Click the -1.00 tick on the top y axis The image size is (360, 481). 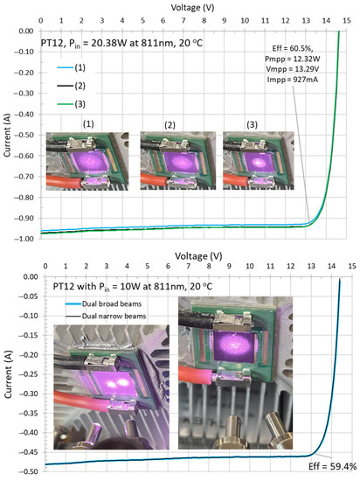24,237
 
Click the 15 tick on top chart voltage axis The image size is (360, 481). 350,17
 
